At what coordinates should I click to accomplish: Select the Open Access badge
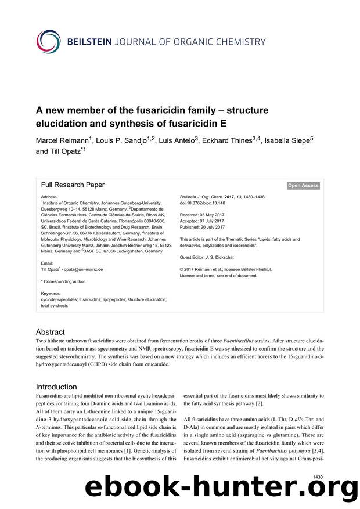303,186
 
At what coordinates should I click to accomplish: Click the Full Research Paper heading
73,185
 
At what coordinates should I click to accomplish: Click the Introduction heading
56,387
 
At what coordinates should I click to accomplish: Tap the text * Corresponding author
63,281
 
